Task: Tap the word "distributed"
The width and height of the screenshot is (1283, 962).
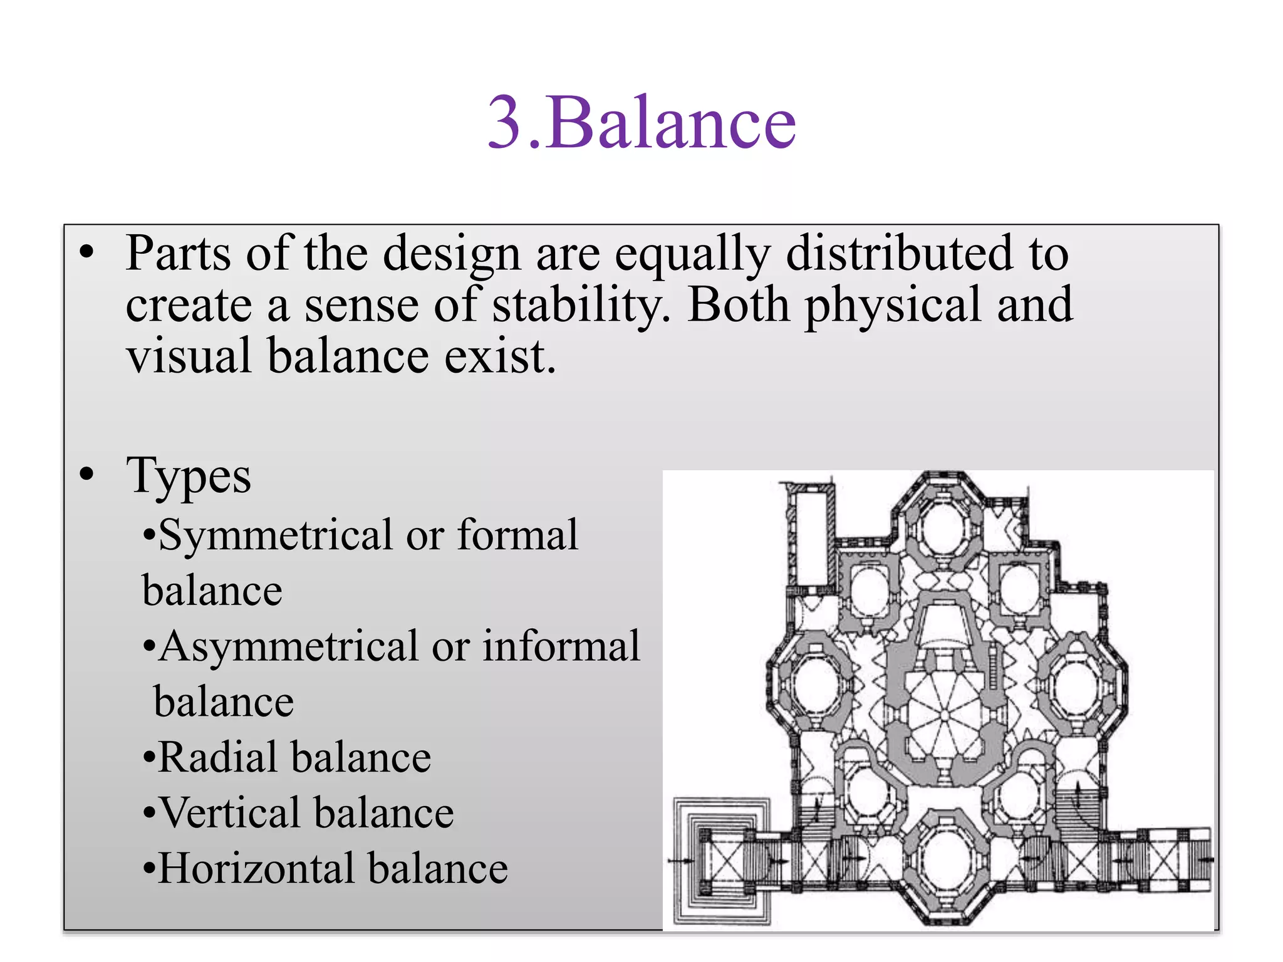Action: [899, 254]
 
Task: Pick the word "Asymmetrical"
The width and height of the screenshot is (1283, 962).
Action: [288, 647]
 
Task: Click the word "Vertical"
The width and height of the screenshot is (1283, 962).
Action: [230, 814]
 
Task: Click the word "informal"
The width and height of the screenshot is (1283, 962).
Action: [561, 647]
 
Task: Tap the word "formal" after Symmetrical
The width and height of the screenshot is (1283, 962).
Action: [517, 536]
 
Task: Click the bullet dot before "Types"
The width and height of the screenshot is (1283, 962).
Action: [86, 474]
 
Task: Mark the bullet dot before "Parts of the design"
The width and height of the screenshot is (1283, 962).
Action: [86, 252]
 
